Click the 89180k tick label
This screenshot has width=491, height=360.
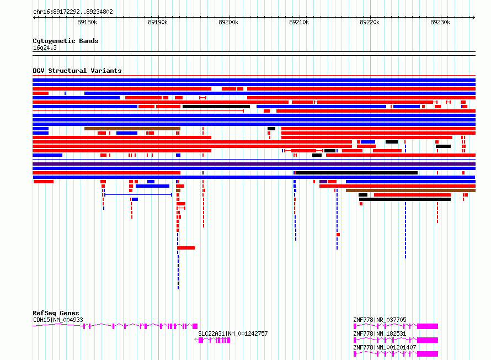click(x=87, y=22)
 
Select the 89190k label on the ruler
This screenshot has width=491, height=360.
click(x=158, y=22)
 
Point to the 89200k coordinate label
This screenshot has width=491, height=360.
click(x=228, y=22)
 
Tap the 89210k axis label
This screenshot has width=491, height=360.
click(x=299, y=22)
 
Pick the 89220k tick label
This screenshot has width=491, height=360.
click(x=370, y=22)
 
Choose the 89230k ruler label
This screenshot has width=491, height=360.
click(x=440, y=22)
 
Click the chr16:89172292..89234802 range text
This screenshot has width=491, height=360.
click(x=73, y=12)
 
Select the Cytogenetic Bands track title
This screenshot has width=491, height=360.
click(x=66, y=41)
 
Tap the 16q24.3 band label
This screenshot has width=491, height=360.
click(x=45, y=47)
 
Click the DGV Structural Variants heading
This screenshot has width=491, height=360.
click(x=77, y=71)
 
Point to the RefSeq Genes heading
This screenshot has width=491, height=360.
click(x=56, y=313)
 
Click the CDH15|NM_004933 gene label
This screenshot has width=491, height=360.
click(x=58, y=320)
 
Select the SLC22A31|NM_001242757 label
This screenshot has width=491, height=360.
click(x=233, y=333)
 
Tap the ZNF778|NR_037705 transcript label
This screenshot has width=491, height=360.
click(x=380, y=320)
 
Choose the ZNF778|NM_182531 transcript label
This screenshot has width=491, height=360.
click(x=380, y=333)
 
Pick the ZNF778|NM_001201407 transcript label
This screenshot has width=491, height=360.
click(x=385, y=347)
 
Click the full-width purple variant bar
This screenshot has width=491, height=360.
click(x=254, y=164)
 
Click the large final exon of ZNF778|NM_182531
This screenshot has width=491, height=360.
click(x=428, y=340)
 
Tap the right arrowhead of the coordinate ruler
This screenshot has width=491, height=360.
click(x=474, y=18)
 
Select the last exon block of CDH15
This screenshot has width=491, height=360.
click(x=195, y=326)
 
